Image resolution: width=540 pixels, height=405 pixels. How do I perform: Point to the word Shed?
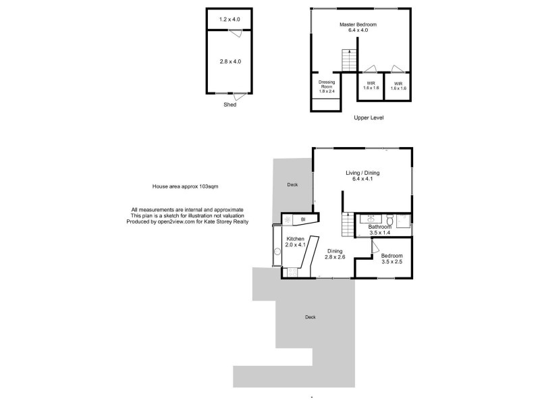pos(230,105)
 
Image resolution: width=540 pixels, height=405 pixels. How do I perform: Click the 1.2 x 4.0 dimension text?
pos(230,20)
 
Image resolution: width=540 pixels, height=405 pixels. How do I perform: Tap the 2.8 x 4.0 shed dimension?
pos(230,61)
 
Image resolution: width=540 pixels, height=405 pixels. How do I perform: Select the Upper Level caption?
pos(369,117)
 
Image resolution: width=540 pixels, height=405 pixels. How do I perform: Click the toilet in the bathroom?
pos(391,220)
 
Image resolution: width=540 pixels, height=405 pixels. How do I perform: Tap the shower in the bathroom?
pos(404,221)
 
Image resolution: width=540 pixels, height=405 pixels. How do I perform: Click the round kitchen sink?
pos(277,253)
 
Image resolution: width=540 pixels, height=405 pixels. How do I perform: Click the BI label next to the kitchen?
pos(303,219)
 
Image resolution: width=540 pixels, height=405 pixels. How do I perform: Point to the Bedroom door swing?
pos(375,247)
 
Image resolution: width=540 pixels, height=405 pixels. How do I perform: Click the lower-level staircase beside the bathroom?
pos(347,224)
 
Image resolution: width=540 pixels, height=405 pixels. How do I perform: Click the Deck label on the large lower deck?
pos(310,317)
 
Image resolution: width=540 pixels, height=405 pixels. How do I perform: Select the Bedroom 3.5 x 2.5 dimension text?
pos(391,263)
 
